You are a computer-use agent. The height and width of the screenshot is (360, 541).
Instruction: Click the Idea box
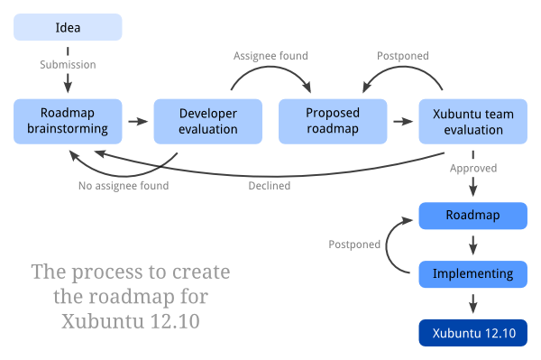[x=68, y=27]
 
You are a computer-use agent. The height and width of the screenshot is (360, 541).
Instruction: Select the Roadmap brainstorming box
[x=68, y=121]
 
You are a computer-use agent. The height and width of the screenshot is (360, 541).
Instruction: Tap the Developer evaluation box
[x=207, y=121]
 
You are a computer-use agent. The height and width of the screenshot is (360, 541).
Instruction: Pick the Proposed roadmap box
[x=333, y=121]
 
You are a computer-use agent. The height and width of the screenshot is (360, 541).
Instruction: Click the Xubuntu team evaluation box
[x=472, y=121]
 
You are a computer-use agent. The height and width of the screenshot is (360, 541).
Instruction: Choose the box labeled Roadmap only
[x=472, y=216]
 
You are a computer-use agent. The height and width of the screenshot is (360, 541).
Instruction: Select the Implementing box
[x=472, y=273]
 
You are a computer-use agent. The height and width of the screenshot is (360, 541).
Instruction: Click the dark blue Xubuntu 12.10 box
[x=472, y=333]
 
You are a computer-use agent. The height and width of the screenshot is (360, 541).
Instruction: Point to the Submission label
[x=68, y=65]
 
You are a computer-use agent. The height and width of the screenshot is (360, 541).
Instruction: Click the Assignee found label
[x=270, y=56]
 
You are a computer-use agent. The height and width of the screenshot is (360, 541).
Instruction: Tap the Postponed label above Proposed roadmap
[x=402, y=56]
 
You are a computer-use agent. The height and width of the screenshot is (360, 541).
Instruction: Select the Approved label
[x=473, y=168]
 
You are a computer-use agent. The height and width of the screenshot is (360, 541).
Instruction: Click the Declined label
[x=269, y=186]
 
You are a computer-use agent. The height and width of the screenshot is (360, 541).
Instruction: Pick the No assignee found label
[x=124, y=186]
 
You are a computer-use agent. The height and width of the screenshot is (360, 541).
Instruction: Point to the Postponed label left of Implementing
[x=354, y=245]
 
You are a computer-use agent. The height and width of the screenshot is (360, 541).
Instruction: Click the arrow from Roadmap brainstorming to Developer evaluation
[x=137, y=121]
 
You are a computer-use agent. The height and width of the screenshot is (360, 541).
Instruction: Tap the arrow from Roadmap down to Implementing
[x=472, y=245]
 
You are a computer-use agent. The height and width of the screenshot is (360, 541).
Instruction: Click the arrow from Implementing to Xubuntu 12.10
[x=472, y=302]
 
